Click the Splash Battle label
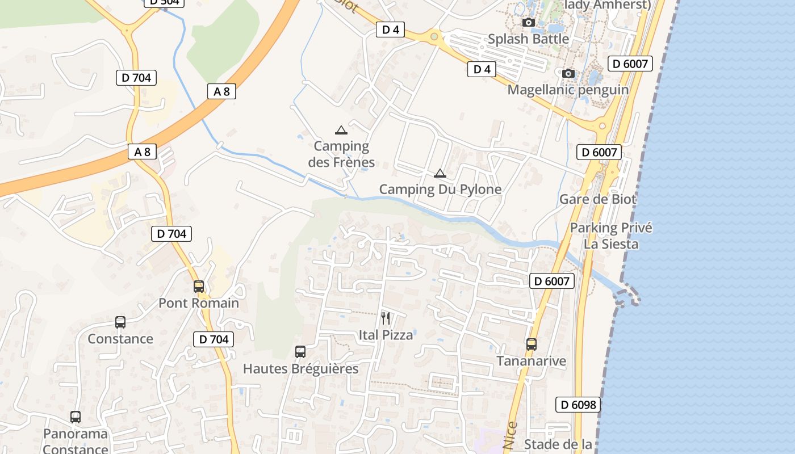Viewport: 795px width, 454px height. point(528,39)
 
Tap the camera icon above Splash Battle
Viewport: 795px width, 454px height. point(529,23)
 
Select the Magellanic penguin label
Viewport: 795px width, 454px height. point(568,90)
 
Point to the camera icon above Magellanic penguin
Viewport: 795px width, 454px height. point(568,74)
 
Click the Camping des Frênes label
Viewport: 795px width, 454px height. point(341,154)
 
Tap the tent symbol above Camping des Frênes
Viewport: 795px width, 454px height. point(341,131)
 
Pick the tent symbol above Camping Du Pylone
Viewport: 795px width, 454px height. point(440,174)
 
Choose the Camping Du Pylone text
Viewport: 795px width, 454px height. point(440,190)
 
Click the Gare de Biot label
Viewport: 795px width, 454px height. point(598,199)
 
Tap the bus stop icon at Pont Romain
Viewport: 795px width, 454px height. point(199,287)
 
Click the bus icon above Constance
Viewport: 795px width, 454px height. point(120,322)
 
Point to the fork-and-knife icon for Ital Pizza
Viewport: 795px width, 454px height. point(386,318)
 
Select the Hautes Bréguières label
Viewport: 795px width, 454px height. point(300,369)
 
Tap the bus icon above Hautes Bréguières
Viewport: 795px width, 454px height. point(300,352)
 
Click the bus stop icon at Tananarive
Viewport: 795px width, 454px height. point(532,344)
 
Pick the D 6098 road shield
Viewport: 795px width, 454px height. point(578,405)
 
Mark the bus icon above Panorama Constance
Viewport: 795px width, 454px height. point(76,417)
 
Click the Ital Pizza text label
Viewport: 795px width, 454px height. point(386,335)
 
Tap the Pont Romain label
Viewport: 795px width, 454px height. point(199,303)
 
